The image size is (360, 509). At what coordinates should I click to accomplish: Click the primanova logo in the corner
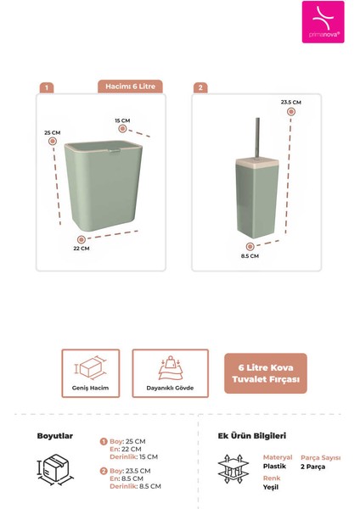(323, 22)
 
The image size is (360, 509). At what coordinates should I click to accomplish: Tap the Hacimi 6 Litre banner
(130, 87)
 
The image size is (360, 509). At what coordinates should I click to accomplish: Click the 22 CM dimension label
(81, 249)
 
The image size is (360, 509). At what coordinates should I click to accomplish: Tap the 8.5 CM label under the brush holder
(250, 255)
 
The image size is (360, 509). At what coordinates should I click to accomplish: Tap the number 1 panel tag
(48, 87)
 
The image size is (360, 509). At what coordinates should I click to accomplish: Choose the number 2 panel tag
(200, 87)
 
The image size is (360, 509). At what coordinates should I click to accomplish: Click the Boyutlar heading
(55, 436)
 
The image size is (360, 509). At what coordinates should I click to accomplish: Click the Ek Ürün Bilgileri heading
(247, 436)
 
